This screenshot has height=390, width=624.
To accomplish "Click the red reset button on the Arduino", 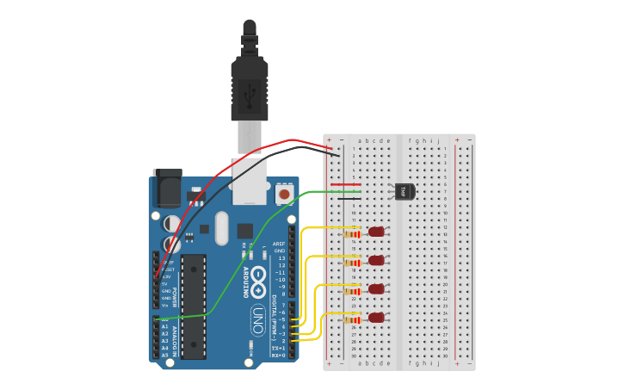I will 284,195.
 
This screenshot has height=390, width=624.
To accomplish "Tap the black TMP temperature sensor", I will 403,191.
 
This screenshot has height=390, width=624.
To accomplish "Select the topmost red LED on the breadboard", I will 376,232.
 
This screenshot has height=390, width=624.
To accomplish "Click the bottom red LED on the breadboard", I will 376,318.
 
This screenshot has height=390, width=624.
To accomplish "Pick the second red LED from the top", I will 376,260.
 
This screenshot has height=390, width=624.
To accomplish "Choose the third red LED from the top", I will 376,289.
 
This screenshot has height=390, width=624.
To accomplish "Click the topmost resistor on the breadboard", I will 352,233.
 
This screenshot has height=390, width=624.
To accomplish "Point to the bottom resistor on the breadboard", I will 352,320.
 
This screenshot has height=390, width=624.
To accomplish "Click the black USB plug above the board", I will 249,86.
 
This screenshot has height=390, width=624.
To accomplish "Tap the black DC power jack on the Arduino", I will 167,188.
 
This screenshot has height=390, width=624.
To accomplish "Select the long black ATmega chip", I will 194,306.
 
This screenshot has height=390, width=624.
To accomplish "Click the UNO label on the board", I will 256,320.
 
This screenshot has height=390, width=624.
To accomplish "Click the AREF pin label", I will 279,244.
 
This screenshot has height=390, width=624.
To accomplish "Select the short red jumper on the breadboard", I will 345,184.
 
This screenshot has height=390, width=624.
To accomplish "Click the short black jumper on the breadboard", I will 349,199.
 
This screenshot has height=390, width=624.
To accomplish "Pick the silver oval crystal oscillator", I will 222,228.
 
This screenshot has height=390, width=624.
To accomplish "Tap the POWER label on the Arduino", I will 174,297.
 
